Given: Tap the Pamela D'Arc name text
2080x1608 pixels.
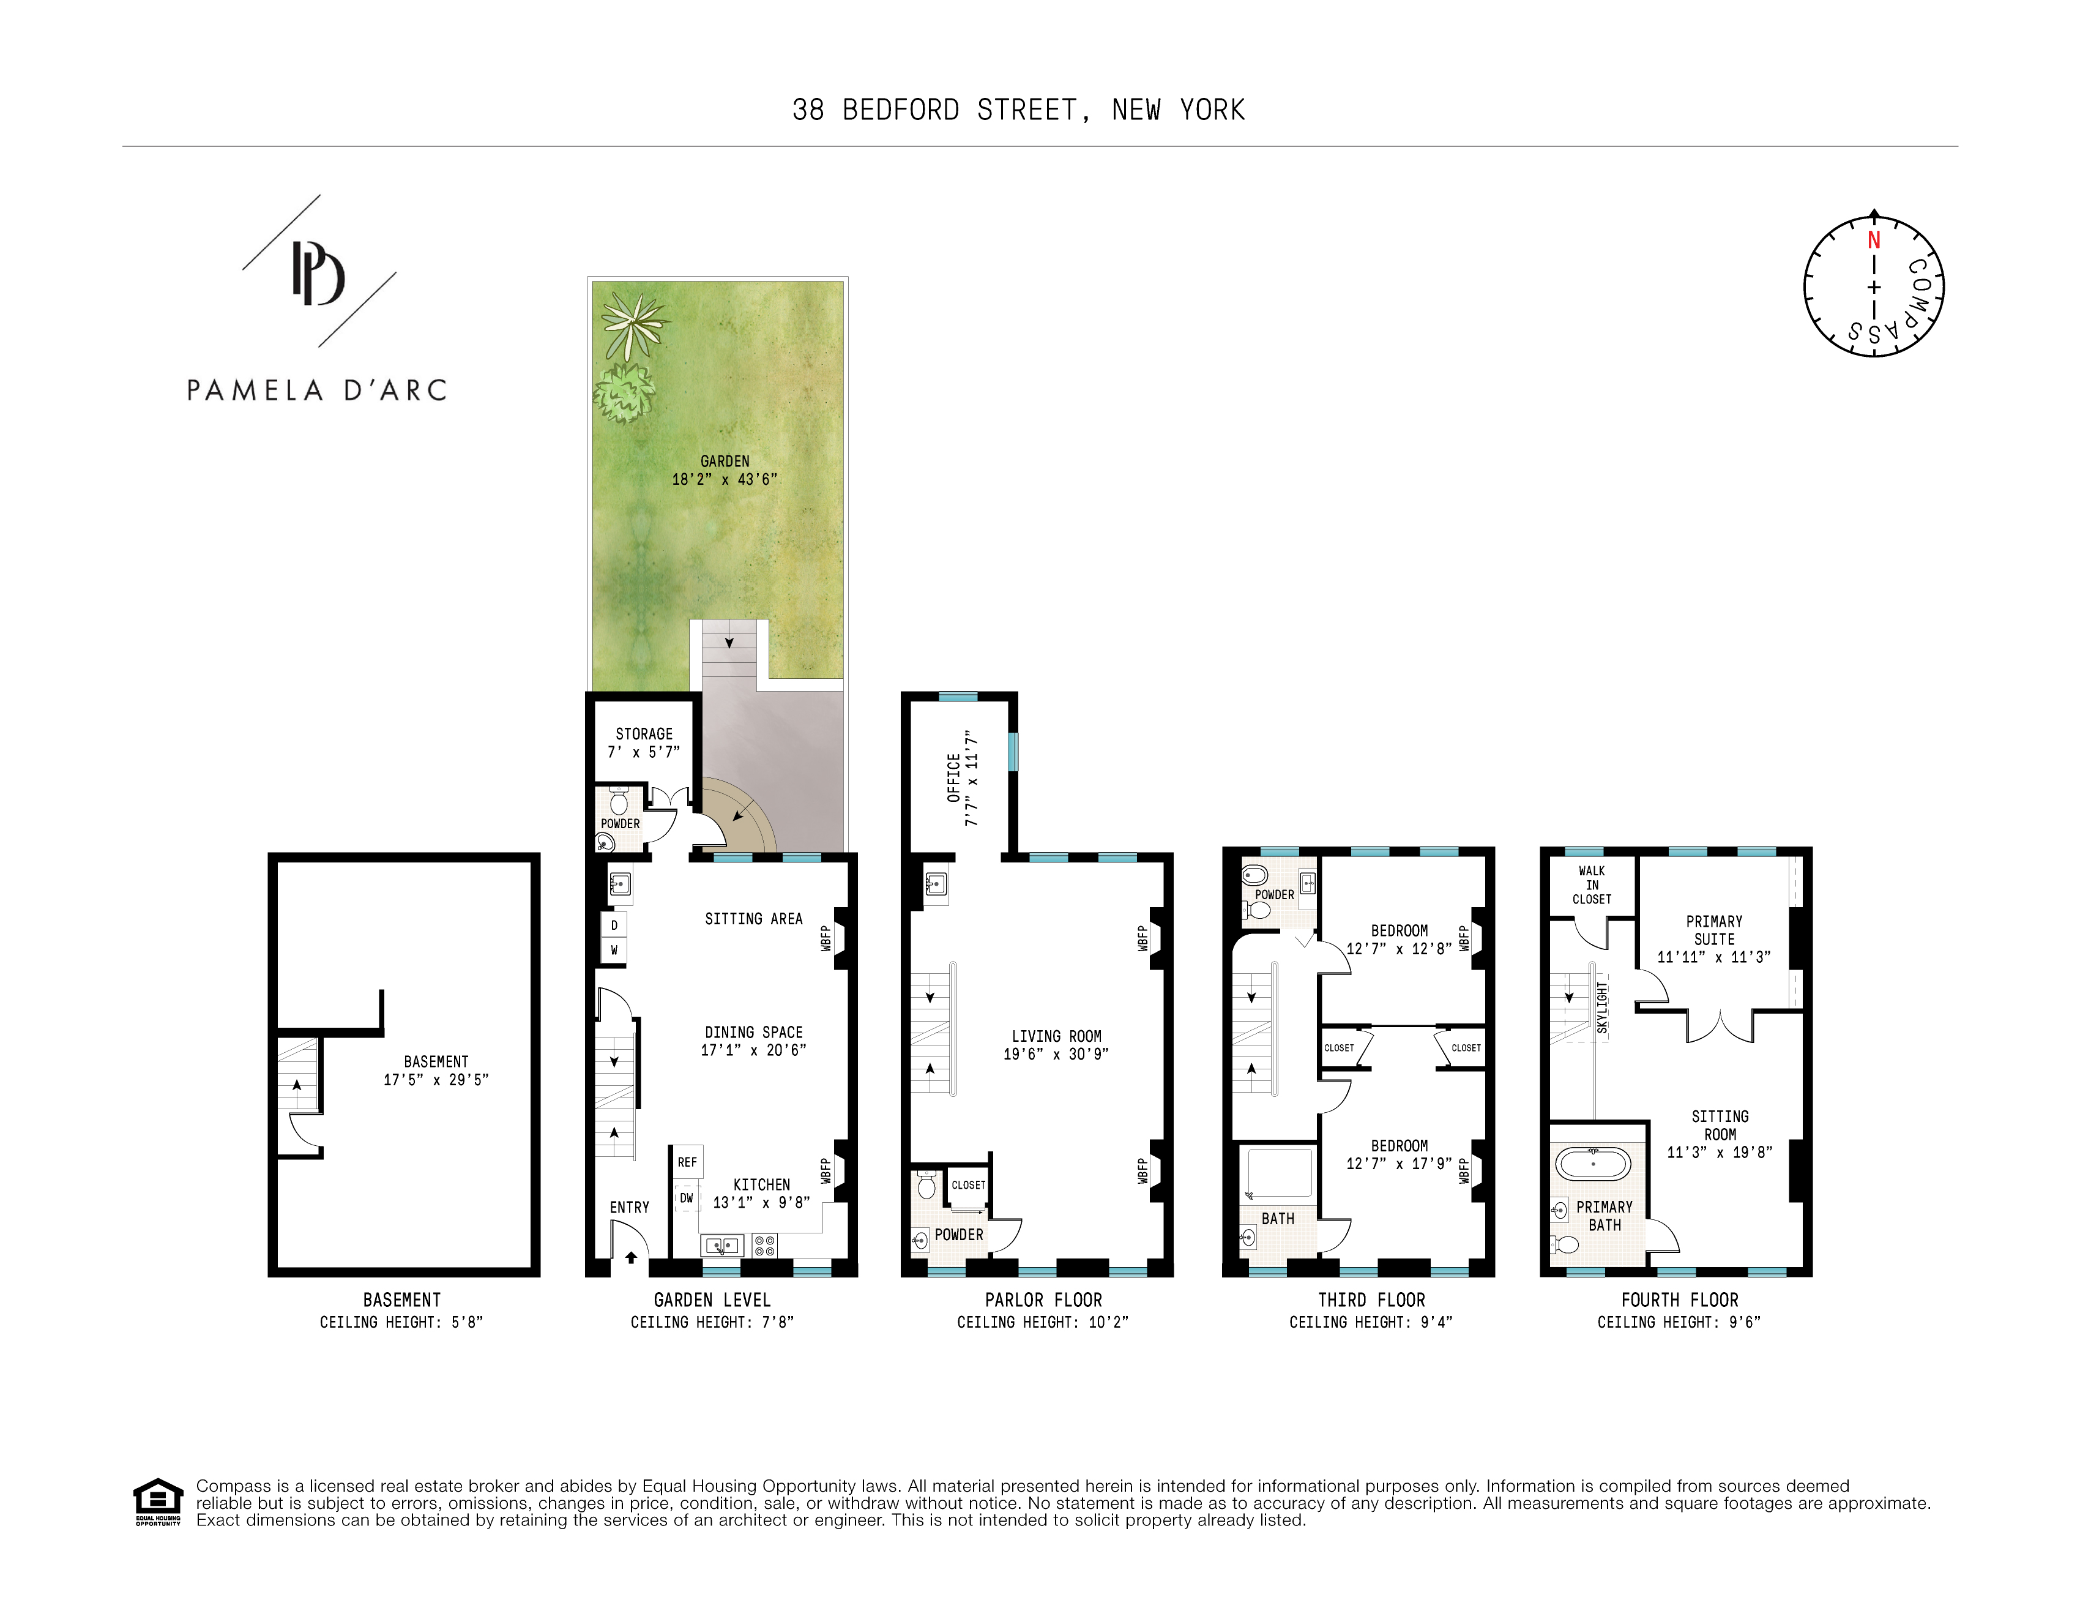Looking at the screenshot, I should (x=316, y=391).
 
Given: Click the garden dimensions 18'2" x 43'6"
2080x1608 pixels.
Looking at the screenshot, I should (x=724, y=479).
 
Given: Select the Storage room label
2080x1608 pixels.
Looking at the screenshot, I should (x=644, y=733).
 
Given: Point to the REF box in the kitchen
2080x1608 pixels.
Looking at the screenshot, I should (x=687, y=1162).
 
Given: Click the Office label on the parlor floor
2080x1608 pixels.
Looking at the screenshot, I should (x=953, y=777).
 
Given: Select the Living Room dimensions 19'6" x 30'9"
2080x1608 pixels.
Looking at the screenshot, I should (x=1055, y=1053).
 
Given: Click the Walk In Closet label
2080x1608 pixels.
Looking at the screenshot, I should (x=1592, y=885).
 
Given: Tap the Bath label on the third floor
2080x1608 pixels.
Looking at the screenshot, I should (x=1277, y=1218).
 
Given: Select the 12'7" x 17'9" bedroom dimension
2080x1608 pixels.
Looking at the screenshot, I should (x=1398, y=1163).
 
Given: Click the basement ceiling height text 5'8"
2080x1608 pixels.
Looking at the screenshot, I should (x=401, y=1322).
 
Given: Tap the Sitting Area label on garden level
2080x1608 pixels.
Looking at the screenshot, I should (x=753, y=918).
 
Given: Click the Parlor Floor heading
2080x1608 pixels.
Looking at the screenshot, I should (x=1043, y=1299).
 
